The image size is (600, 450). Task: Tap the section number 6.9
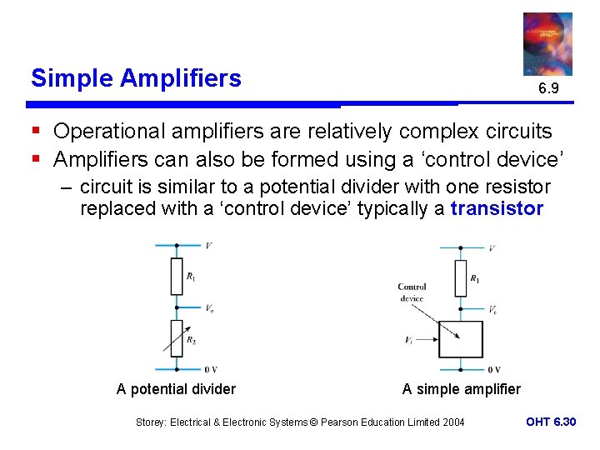tap(547, 87)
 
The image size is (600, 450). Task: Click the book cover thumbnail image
tap(547, 43)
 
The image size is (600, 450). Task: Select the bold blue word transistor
tap(497, 208)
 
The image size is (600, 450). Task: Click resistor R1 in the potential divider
tap(176, 276)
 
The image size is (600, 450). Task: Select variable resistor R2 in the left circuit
tap(176, 337)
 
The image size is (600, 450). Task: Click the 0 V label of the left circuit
tap(210, 369)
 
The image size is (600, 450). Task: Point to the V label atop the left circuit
tap(207, 246)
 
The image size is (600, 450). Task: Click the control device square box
tap(461, 340)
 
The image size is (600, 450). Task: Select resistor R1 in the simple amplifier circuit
tap(461, 278)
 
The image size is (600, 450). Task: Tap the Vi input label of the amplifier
tap(409, 340)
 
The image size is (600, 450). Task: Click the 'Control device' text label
tap(412, 292)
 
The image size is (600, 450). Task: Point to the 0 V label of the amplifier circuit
tap(493, 369)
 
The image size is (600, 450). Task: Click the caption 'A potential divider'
tap(176, 389)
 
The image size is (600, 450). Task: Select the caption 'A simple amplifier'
tap(461, 389)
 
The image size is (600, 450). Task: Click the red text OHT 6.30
tap(551, 422)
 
